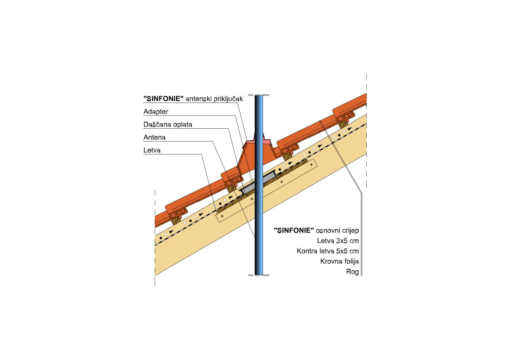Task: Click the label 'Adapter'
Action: pos(156,112)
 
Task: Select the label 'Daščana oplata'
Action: pos(168,125)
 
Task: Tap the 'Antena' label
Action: pos(154,137)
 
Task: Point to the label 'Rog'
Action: pos(352,272)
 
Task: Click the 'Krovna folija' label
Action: pos(339,262)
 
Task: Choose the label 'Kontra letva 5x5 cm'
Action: pos(328,251)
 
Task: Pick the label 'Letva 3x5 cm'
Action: pos(338,241)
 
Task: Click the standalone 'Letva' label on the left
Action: pos(152,150)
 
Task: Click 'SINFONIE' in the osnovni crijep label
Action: pos(294,231)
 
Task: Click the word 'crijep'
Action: pos(350,231)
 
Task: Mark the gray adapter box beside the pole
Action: pos(258,183)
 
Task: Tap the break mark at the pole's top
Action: pos(258,95)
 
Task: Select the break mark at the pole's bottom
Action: pos(258,275)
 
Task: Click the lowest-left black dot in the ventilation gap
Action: pos(161,238)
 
